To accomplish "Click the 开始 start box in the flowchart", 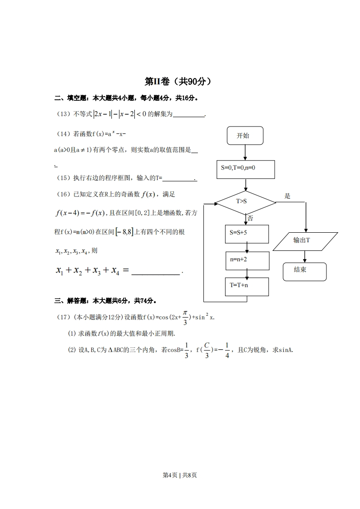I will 244,136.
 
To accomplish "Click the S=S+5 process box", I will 247,234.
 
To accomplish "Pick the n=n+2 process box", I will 247,260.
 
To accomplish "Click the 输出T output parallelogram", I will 307,241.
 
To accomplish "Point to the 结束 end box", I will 304,270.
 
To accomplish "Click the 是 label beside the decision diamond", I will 287,196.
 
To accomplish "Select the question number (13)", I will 62,114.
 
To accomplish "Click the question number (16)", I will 62,195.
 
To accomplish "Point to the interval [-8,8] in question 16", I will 124,232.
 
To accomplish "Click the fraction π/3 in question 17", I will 185,318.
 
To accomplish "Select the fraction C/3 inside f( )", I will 207,350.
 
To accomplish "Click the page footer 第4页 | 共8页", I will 180,475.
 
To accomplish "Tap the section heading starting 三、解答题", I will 106,300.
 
